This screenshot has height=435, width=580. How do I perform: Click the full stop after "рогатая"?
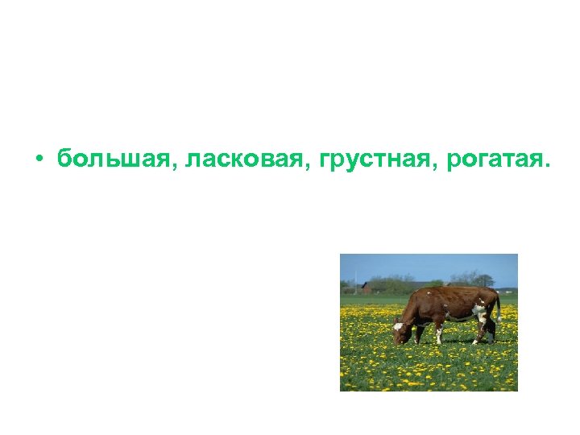[549, 165]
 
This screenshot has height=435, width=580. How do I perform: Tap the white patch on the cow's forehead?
[398, 326]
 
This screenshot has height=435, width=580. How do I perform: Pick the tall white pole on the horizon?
[354, 279]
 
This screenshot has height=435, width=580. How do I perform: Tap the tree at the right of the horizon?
[483, 280]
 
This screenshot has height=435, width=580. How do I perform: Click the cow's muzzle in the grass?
[396, 340]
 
